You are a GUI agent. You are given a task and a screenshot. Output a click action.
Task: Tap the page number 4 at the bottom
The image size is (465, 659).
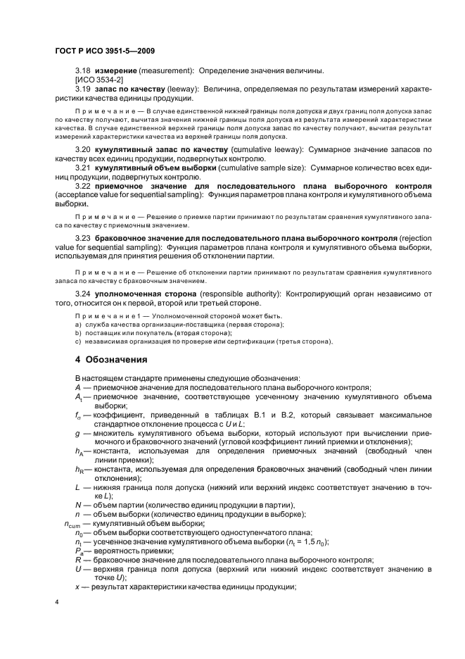(x=57, y=602)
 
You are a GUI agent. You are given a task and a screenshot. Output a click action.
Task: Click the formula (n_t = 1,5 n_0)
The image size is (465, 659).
(x=314, y=541)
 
